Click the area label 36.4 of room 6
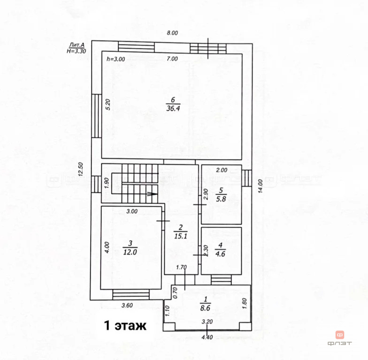[x=173, y=109]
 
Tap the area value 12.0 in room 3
[x=130, y=252]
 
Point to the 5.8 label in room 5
[x=221, y=199]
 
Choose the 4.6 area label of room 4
[x=220, y=254]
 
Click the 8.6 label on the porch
[x=205, y=308]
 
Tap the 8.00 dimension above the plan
[x=172, y=33]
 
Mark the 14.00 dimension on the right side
[x=260, y=187]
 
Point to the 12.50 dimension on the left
[x=81, y=169]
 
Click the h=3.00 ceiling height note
[x=115, y=59]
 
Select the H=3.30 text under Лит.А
[x=76, y=51]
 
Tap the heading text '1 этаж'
[x=125, y=325]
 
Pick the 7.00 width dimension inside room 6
[x=172, y=59]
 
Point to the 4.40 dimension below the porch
[x=207, y=337]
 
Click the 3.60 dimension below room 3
[x=127, y=306]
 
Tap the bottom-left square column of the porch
[x=169, y=327]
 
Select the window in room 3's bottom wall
[x=131, y=294]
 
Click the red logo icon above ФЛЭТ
[x=340, y=335]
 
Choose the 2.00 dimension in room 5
[x=222, y=170]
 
